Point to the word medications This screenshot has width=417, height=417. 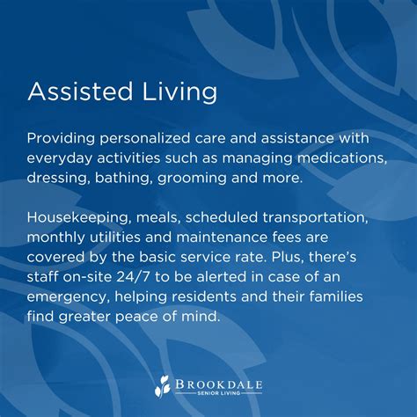[x=339, y=157]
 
